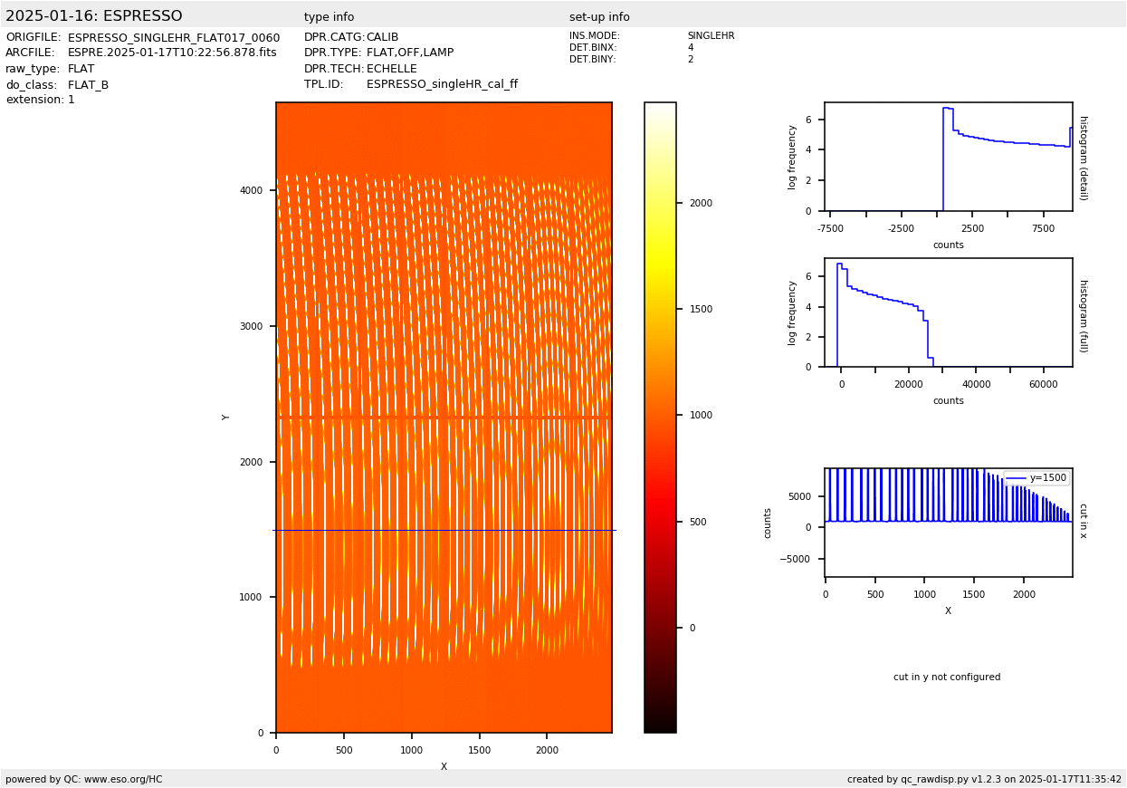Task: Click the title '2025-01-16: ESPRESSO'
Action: [x=94, y=16]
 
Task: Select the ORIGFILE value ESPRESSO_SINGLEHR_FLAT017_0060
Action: [x=174, y=38]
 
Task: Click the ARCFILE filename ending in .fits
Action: [x=172, y=53]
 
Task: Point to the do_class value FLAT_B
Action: [x=88, y=85]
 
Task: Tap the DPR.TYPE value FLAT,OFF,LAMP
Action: [x=410, y=53]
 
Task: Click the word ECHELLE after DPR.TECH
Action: [x=392, y=69]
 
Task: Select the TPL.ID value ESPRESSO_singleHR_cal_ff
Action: [x=442, y=84]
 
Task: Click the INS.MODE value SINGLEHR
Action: [x=711, y=36]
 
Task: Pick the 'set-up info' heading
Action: [x=599, y=17]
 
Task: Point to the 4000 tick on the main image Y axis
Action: [x=252, y=190]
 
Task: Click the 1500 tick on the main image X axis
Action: [x=479, y=750]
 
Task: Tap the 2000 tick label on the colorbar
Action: [x=701, y=203]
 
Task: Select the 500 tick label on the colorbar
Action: [x=698, y=522]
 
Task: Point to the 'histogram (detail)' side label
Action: [x=1083, y=158]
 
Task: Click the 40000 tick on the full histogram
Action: [x=976, y=384]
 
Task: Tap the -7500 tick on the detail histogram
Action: [x=830, y=228]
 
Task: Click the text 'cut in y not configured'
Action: [x=947, y=677]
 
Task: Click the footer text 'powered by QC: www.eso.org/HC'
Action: [x=84, y=779]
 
